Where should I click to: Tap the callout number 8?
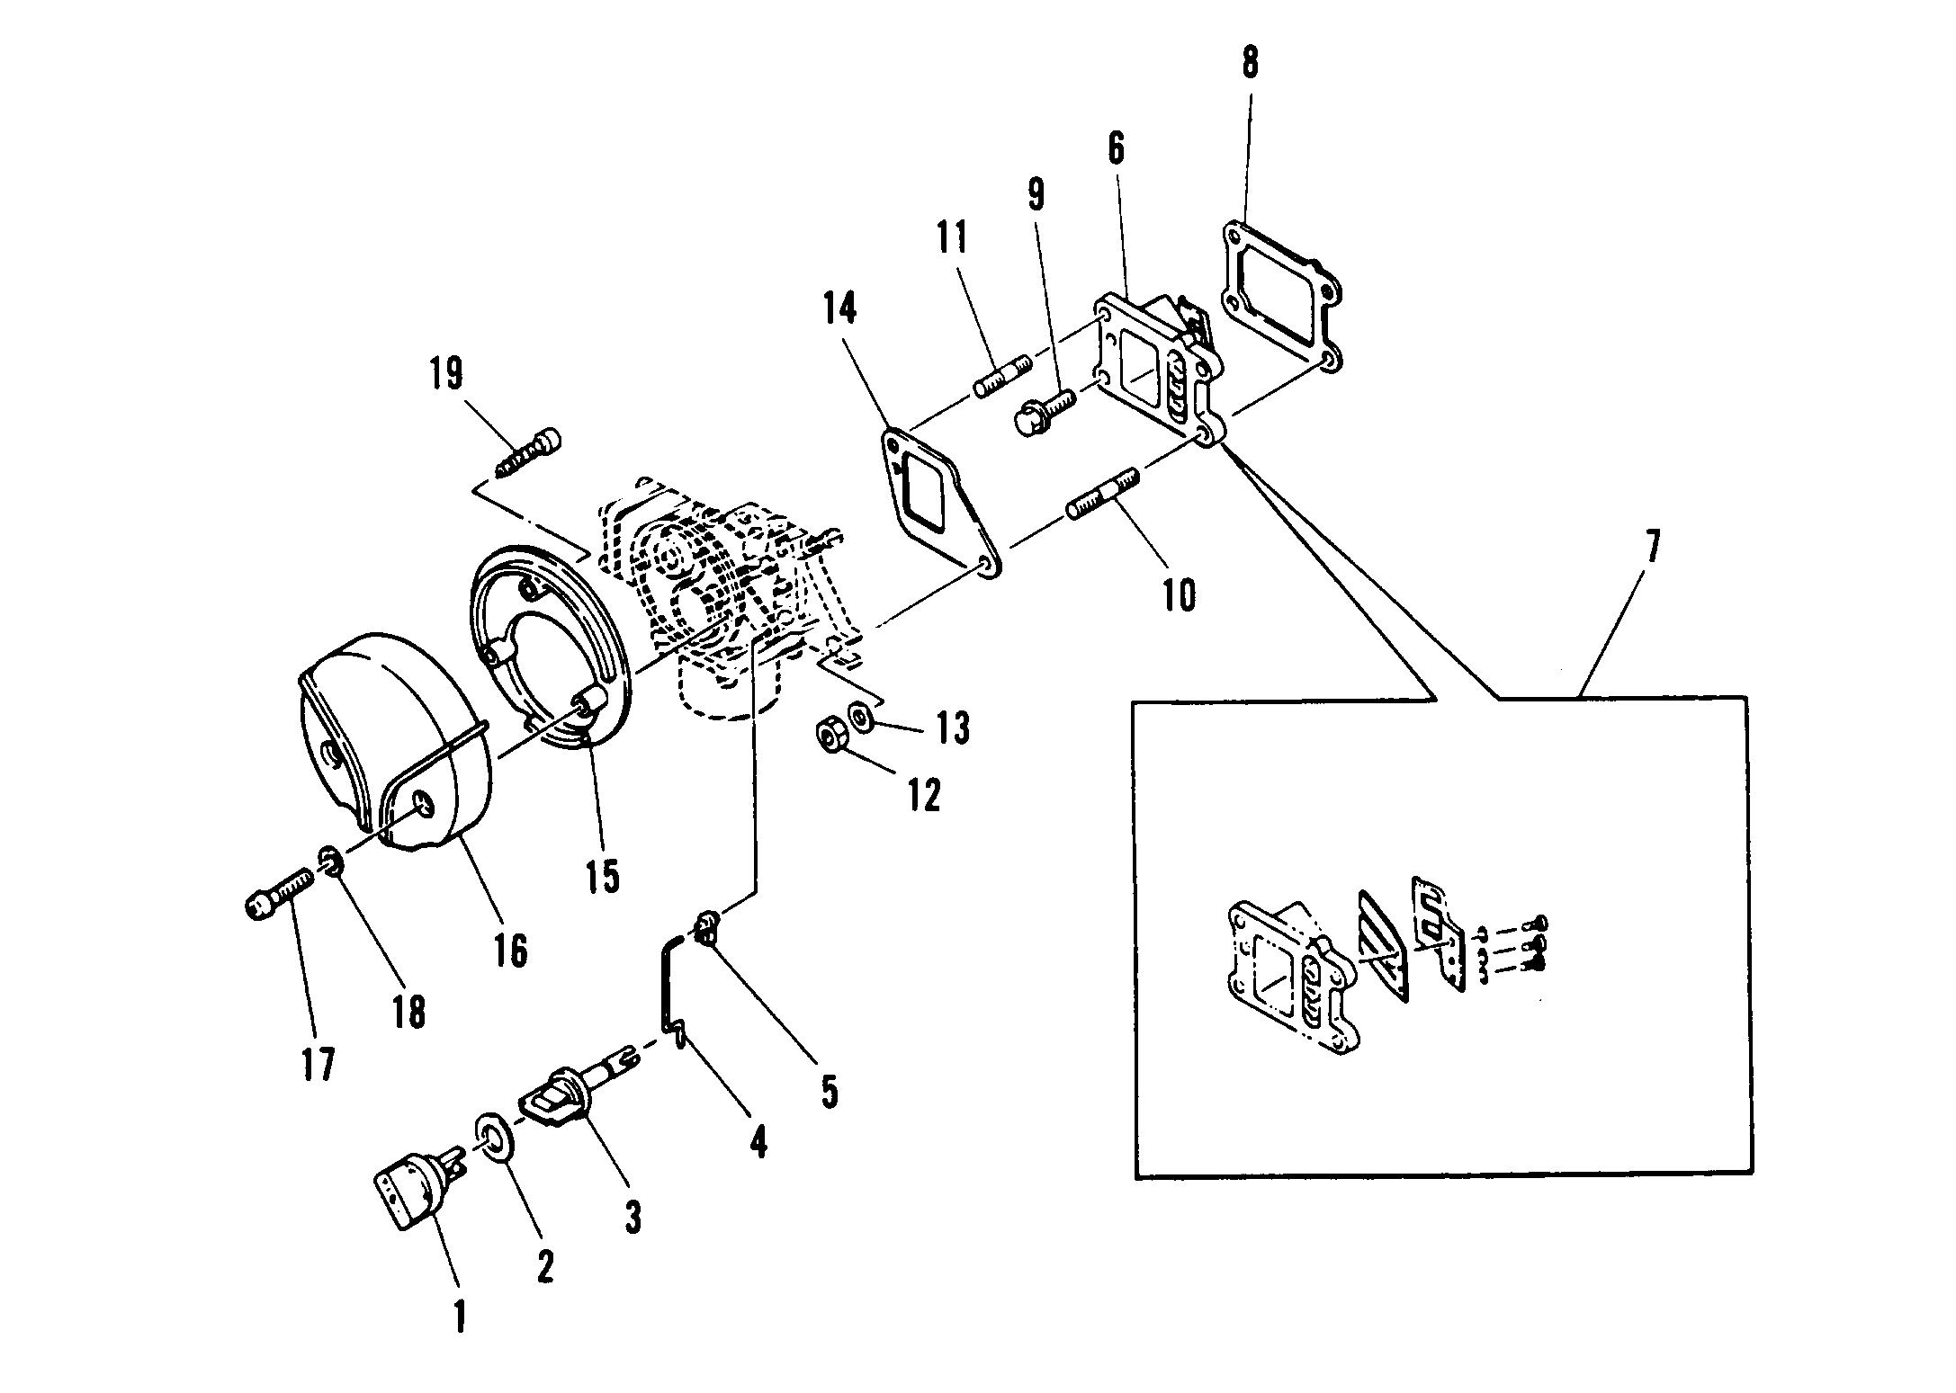pos(1250,63)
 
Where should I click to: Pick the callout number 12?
pos(924,795)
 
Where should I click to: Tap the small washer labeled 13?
pos(861,716)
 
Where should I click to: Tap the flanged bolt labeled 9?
pos(1045,411)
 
